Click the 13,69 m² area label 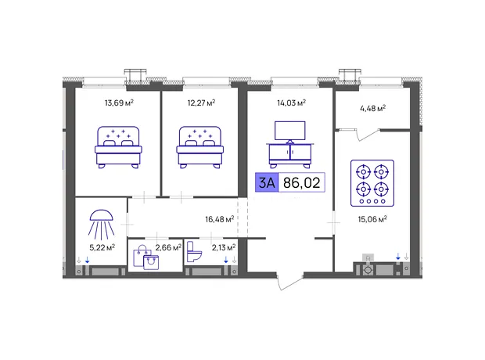click(x=119, y=103)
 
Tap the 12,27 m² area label click(x=201, y=103)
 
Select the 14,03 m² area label click(x=291, y=103)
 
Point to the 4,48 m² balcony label click(x=372, y=108)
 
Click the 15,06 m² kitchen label click(x=372, y=219)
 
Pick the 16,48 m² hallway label click(x=220, y=219)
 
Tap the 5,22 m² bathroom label click(x=102, y=247)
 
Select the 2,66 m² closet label click(x=168, y=247)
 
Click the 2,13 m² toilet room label click(x=224, y=247)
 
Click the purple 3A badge click(x=267, y=182)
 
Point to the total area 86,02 click(x=302, y=182)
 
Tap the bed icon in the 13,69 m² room click(x=118, y=147)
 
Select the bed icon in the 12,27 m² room click(x=199, y=147)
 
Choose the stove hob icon click(x=372, y=183)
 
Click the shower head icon click(x=101, y=225)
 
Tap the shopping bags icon click(x=146, y=257)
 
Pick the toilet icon click(x=194, y=252)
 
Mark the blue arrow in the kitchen click(x=398, y=256)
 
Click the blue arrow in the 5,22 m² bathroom click(x=88, y=260)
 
